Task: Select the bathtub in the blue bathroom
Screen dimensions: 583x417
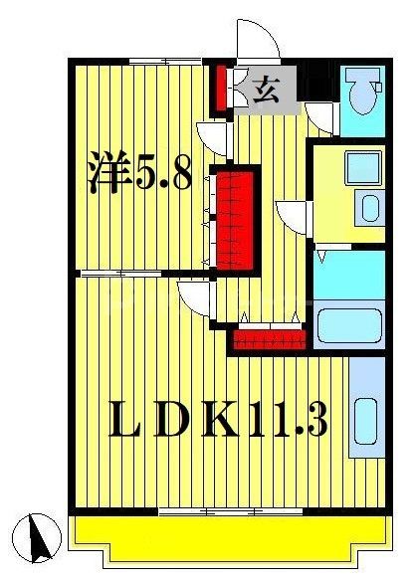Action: (349, 326)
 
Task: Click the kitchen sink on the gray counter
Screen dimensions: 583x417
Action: (365, 418)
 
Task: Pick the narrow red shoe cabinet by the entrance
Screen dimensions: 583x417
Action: (220, 89)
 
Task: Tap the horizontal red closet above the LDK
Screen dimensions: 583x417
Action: (268, 339)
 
